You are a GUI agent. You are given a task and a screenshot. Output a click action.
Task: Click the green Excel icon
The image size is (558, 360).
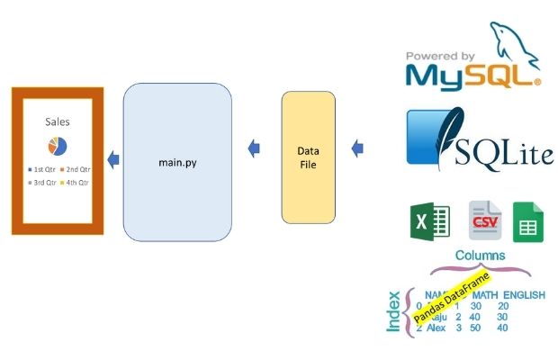[429, 221]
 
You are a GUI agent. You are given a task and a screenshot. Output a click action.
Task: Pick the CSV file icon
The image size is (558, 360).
[484, 221]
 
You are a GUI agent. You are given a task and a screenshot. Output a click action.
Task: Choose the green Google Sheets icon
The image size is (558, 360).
[528, 221]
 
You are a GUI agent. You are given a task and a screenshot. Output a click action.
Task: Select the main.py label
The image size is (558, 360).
[176, 162]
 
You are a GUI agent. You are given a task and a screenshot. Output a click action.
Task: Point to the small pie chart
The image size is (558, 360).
[58, 146]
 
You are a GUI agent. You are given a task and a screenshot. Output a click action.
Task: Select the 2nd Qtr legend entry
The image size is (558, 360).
[76, 169]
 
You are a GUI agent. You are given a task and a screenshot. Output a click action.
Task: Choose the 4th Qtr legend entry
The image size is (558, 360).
[76, 183]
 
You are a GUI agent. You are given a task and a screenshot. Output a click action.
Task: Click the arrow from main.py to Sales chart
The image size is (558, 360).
[112, 160]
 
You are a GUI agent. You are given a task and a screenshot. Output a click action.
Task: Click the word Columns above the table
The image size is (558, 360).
[480, 256]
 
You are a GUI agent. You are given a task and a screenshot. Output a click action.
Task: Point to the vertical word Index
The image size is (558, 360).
[393, 310]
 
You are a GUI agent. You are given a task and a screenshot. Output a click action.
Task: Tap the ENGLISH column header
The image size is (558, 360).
[524, 294]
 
